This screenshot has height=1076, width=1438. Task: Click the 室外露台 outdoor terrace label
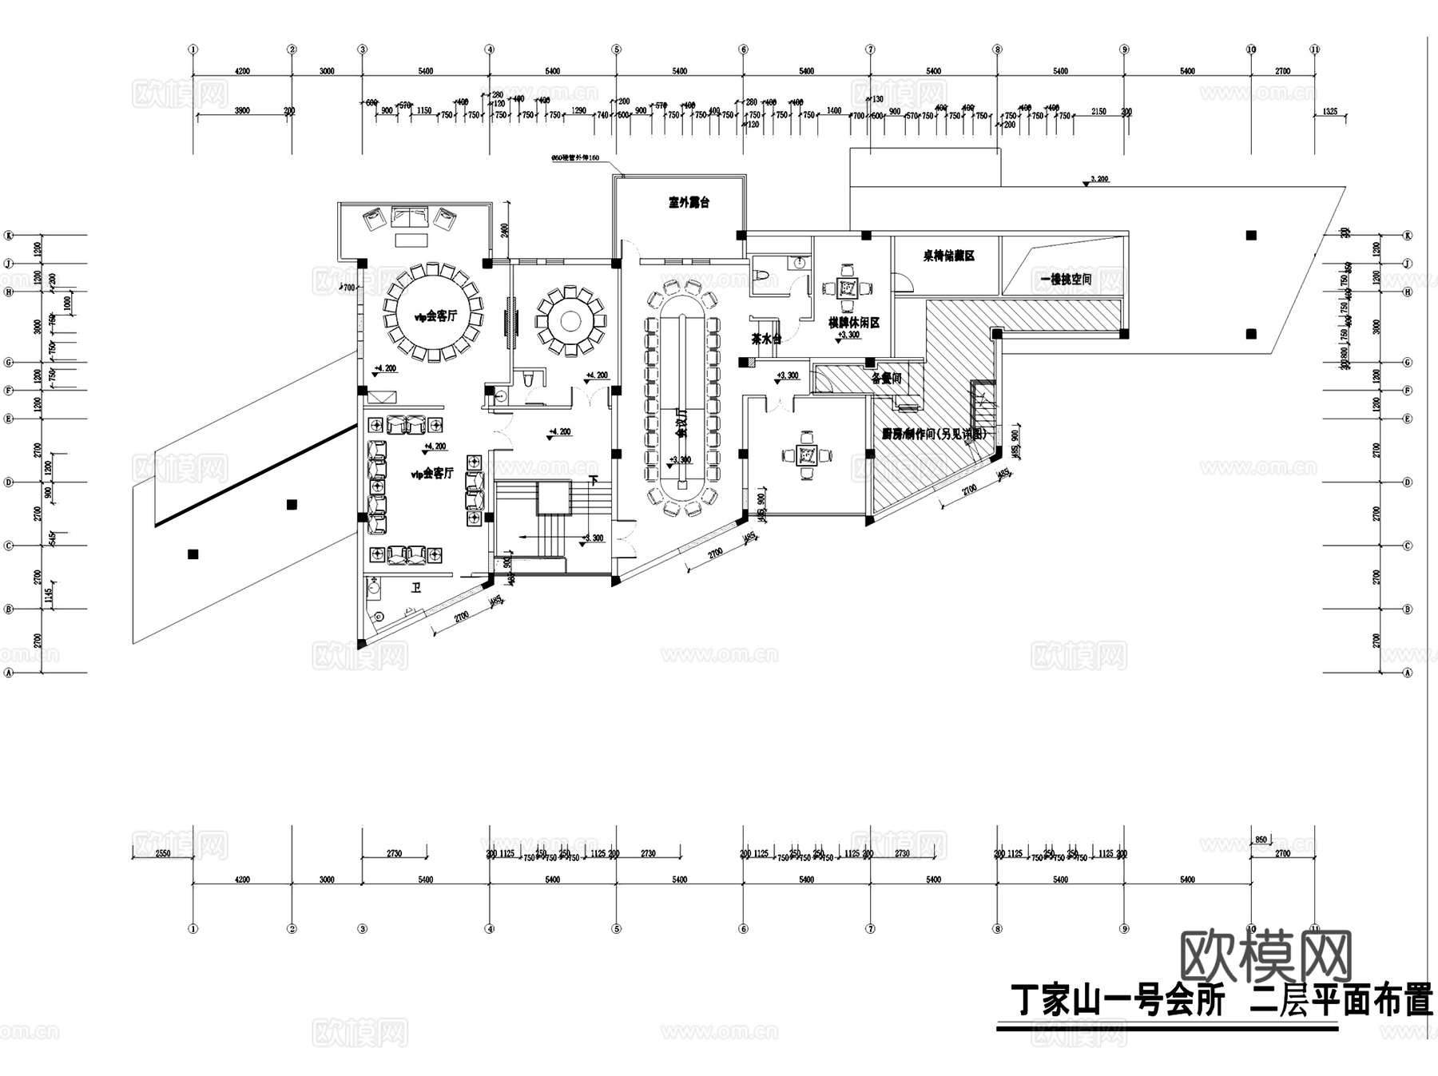[689, 203]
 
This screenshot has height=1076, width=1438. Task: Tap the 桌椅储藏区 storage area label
[948, 256]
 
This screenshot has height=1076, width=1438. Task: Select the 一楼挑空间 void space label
[1066, 280]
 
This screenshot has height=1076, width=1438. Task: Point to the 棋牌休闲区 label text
[853, 323]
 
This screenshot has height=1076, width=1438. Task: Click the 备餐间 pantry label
[886, 378]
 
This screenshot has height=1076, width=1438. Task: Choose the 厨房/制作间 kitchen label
[934, 434]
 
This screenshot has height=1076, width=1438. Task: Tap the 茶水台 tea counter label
[765, 339]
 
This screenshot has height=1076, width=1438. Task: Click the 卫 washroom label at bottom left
[415, 589]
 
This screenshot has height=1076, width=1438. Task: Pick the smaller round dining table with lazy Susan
[570, 321]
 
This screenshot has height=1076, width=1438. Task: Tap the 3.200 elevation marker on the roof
[1099, 180]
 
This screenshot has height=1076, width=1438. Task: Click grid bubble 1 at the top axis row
[193, 50]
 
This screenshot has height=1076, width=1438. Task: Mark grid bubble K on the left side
[10, 236]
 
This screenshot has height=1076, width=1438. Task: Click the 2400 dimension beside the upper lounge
[505, 231]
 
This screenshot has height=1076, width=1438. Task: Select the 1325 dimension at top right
[1329, 112]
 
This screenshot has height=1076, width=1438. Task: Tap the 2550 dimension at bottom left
[162, 854]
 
